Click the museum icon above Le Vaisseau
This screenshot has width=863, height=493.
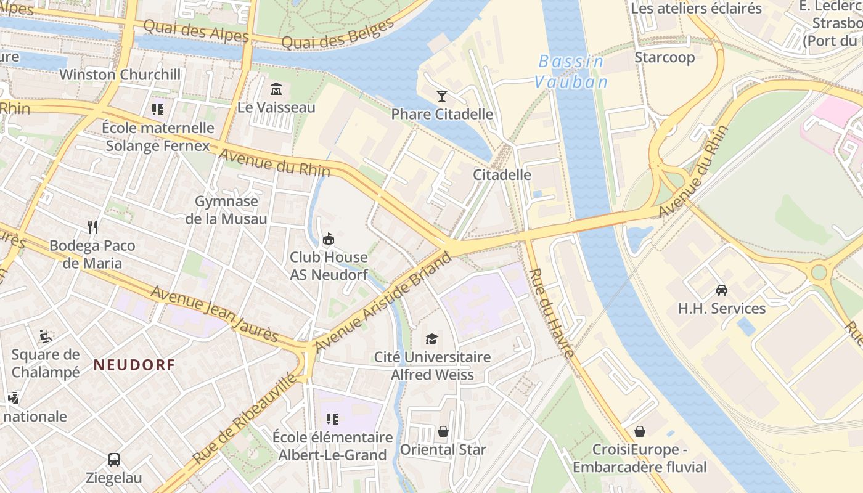pos(276,89)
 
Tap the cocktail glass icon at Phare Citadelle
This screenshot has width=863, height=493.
pos(442,96)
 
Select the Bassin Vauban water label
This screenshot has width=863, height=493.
pos(571,71)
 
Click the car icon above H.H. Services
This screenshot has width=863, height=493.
pos(721,290)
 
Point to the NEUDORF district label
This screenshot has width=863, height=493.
pos(134,365)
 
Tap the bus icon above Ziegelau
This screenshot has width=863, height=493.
pos(114,459)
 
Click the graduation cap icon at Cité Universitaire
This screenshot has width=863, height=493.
pos(432,339)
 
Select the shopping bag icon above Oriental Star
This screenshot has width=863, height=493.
pos(443,431)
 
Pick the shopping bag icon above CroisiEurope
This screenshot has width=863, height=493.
pos(639,431)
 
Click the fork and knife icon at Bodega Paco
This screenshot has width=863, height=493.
pos(92,227)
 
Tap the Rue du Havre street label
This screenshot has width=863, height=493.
pos(552,313)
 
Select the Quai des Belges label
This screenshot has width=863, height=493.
pos(337,35)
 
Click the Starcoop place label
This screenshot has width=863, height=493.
pos(665,57)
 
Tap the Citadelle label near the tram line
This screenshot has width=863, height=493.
pos(502,174)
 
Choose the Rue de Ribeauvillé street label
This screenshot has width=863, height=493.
pos(245,418)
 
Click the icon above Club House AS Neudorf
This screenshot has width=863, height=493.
pos(329,238)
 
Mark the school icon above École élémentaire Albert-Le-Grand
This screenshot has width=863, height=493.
pos(332,419)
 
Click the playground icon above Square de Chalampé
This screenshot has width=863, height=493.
pos(46,336)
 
